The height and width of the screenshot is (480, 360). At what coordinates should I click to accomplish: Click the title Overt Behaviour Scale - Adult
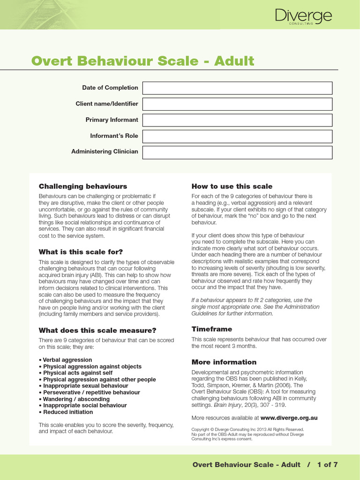[142, 61]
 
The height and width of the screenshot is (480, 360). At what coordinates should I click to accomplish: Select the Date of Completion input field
[237, 88]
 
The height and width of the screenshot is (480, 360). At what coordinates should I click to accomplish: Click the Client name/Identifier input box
[237, 104]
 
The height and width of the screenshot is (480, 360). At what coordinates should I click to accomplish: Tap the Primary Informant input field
[237, 120]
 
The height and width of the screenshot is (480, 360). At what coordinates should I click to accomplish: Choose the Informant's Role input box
[237, 136]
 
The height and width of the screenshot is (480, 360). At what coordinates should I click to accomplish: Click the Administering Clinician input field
[237, 152]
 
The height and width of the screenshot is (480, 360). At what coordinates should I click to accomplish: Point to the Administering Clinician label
[105, 152]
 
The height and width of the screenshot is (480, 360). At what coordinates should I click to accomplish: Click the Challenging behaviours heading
[83, 187]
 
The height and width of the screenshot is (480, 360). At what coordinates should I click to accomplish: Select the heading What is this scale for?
[81, 252]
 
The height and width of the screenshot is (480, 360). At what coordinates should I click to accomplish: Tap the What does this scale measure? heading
[97, 330]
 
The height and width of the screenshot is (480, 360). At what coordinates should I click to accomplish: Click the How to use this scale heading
[232, 187]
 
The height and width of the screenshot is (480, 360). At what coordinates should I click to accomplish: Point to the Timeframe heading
[212, 329]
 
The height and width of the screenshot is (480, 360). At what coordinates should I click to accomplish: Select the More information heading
[224, 362]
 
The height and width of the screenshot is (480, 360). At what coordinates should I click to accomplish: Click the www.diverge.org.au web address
[289, 418]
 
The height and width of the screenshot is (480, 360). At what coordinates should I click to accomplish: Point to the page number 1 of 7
[327, 465]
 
